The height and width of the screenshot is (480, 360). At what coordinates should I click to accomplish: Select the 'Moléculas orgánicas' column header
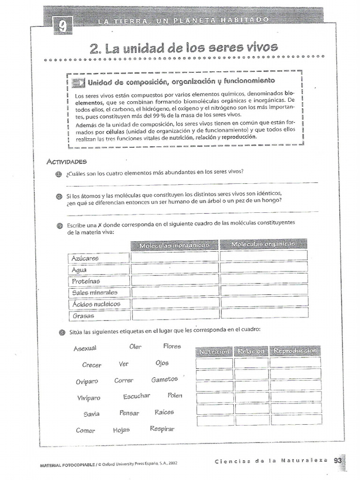(263, 244)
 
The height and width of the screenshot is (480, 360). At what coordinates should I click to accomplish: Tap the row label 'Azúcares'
(86, 258)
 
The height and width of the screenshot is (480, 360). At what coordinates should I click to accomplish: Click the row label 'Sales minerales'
(95, 292)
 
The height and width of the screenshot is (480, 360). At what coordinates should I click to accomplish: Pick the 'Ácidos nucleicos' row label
(96, 304)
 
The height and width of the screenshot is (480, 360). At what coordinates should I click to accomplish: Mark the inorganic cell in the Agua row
(175, 269)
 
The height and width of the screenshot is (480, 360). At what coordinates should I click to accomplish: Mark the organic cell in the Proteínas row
(264, 279)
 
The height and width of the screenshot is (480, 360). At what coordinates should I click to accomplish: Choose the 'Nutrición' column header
(214, 352)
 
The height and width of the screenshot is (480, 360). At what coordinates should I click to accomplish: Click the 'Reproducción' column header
(295, 351)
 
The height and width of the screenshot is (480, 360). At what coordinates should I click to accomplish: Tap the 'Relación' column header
(251, 351)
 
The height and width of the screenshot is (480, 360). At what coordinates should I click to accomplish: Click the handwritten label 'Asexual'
(85, 348)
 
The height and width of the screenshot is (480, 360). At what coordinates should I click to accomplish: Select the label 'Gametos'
(165, 379)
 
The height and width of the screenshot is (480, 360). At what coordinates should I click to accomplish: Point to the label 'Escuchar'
(136, 396)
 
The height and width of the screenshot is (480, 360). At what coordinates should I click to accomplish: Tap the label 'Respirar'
(162, 428)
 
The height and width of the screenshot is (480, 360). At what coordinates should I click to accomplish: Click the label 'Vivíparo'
(89, 398)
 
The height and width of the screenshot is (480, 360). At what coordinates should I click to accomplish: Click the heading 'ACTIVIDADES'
(67, 162)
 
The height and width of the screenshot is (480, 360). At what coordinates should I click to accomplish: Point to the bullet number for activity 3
(60, 225)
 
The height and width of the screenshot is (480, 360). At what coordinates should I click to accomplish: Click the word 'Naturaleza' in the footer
(305, 460)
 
